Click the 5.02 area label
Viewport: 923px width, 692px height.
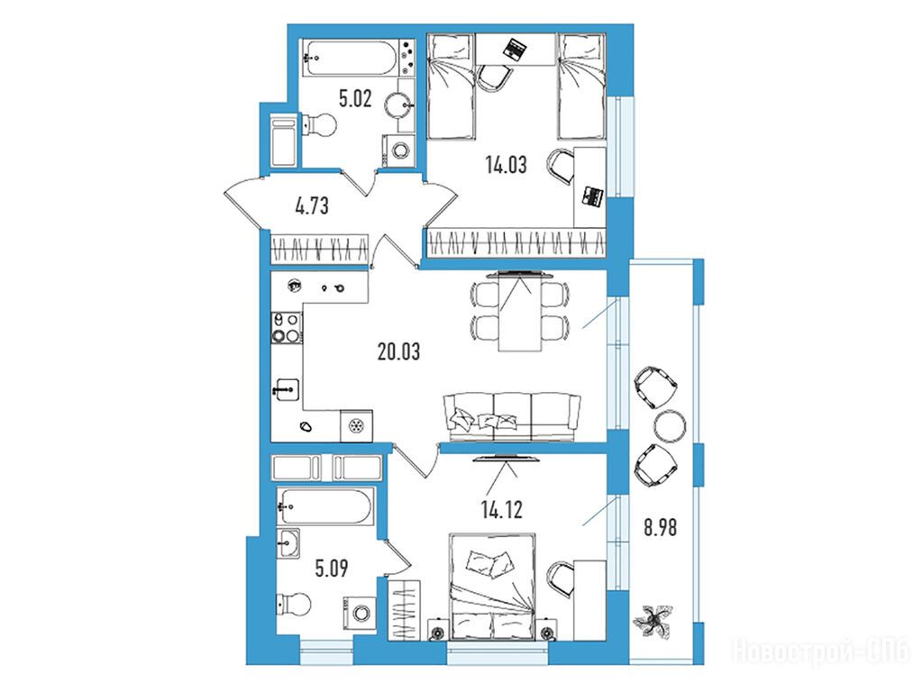pos(355,98)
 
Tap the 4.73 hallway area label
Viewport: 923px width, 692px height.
pos(311,206)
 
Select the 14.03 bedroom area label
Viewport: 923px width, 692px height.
pos(506,165)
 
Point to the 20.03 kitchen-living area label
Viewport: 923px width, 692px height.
pos(398,352)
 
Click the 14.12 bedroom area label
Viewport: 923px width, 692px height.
pos(501,510)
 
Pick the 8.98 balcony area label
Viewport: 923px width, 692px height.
pos(660,528)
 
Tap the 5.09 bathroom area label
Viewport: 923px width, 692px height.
pos(332,569)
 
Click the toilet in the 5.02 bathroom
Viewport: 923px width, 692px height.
pos(318,124)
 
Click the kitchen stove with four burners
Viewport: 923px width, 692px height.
pos(286,328)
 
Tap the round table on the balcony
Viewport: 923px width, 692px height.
pos(670,426)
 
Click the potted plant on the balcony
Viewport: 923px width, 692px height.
pos(653,622)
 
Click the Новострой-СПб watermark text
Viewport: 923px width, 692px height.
pos(820,652)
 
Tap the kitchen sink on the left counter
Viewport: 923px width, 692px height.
pos(287,389)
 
